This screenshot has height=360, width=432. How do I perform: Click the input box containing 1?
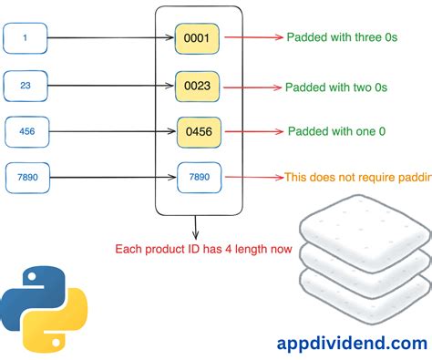point(25,39)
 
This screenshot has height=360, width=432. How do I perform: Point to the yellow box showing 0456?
point(200,131)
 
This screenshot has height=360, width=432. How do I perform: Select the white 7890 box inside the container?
point(200,177)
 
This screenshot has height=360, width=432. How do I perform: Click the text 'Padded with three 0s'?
point(349,38)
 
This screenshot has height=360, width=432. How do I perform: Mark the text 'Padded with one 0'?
point(336,131)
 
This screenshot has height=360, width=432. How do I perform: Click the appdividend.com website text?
point(351,319)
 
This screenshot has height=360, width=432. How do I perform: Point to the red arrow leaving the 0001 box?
point(252,39)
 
